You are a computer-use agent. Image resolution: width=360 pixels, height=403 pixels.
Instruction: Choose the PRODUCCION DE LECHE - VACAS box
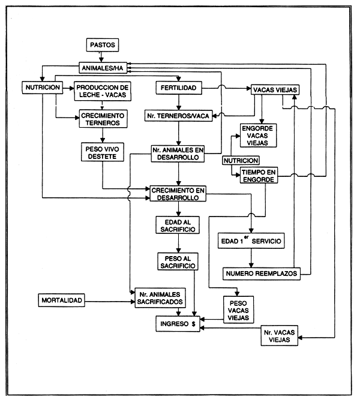(103, 91)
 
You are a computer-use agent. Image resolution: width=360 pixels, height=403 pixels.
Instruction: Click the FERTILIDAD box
(177, 88)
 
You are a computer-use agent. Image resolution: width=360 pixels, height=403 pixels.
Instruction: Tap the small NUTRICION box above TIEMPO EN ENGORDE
(241, 161)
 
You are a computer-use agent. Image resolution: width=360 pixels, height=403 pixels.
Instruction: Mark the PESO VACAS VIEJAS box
(239, 309)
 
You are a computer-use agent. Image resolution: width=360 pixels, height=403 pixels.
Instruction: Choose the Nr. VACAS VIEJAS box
(280, 336)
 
